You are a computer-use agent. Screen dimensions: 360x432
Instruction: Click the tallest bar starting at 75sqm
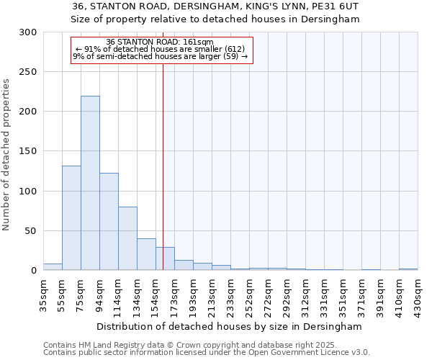click(90, 184)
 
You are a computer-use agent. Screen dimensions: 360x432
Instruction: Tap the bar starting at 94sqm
click(109, 222)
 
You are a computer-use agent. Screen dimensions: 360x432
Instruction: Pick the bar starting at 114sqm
click(127, 238)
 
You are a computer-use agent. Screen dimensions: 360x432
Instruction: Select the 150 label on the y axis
click(27, 151)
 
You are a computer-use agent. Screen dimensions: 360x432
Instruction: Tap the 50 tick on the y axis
click(30, 231)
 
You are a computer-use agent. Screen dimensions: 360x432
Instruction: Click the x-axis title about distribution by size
click(230, 326)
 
